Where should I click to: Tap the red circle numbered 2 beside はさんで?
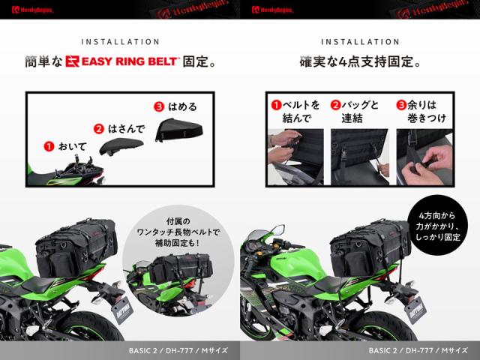(x=99, y=128)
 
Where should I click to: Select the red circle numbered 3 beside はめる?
(x=158, y=106)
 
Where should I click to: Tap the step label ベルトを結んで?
(x=295, y=111)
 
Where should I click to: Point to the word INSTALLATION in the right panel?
(x=359, y=42)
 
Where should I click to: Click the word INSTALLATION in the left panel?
(x=120, y=42)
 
